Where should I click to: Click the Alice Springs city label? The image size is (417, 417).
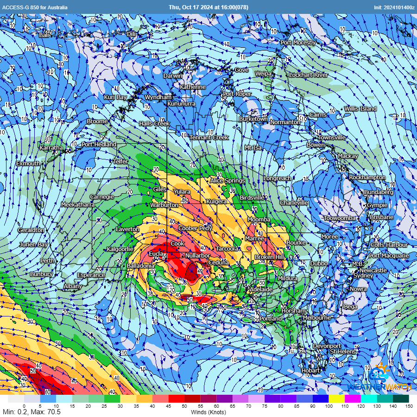(x=227, y=180)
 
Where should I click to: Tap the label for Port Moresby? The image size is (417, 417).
(x=298, y=43)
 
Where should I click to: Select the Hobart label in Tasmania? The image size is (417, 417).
(x=310, y=370)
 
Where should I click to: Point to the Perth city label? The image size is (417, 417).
(x=47, y=260)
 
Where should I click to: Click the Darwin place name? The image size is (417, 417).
(x=173, y=76)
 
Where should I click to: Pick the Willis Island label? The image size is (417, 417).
(x=360, y=109)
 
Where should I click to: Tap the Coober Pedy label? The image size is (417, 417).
(x=195, y=228)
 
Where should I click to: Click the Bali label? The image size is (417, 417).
(x=44, y=35)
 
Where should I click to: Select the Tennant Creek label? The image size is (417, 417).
(x=209, y=138)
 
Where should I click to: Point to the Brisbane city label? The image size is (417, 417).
(x=381, y=217)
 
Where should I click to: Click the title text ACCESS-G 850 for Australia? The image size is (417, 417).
(x=35, y=7)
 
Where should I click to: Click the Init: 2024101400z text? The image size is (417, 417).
(x=394, y=7)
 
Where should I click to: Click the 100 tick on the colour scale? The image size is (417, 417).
(x=329, y=406)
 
